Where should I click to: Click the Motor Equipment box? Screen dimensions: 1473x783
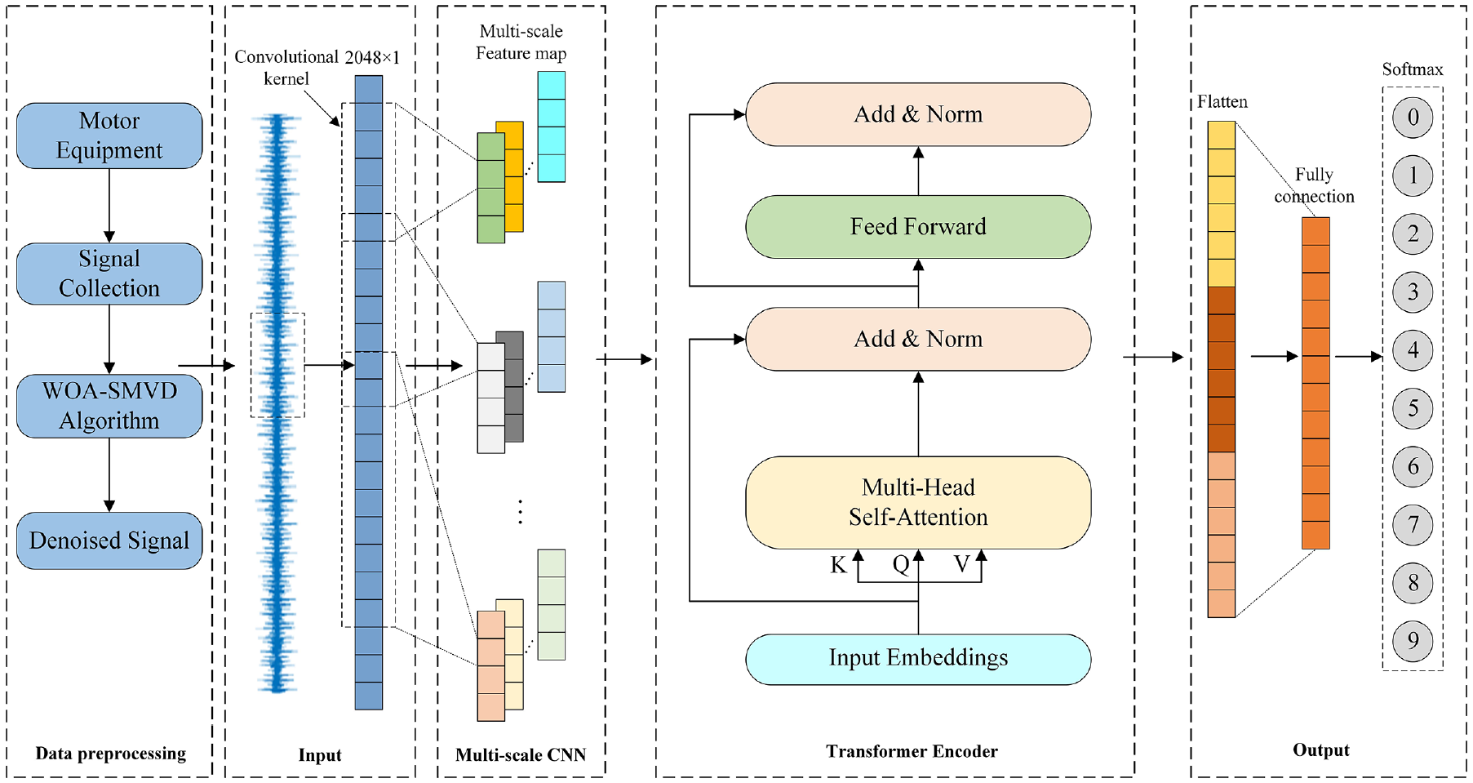tap(109, 136)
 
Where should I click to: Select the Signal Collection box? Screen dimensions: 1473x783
tap(109, 274)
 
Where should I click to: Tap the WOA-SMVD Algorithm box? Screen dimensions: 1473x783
tap(109, 406)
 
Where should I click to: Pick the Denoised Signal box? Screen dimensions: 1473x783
tap(109, 541)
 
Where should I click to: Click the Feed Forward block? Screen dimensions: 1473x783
tap(918, 227)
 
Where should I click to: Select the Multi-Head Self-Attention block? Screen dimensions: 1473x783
tap(918, 502)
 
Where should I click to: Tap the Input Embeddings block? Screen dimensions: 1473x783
tap(918, 659)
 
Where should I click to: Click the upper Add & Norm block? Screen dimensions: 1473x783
tap(918, 114)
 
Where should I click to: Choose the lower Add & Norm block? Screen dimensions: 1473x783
tap(918, 339)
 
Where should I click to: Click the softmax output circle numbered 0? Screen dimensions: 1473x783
tap(1413, 118)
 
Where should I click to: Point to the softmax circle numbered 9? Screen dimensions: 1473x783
tap(1413, 641)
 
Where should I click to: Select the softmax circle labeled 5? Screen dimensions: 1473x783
tap(1413, 408)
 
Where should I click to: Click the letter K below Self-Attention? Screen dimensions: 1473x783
tap(838, 565)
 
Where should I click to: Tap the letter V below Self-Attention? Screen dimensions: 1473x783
tap(962, 564)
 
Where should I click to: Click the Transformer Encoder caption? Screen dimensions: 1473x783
tap(912, 751)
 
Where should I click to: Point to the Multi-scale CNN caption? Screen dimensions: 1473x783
tap(521, 754)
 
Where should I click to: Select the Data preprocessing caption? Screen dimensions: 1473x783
tap(110, 754)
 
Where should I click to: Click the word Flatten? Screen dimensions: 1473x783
tap(1222, 102)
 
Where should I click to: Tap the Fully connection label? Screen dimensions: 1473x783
tap(1314, 185)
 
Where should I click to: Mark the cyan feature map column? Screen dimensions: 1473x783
tap(552, 127)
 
